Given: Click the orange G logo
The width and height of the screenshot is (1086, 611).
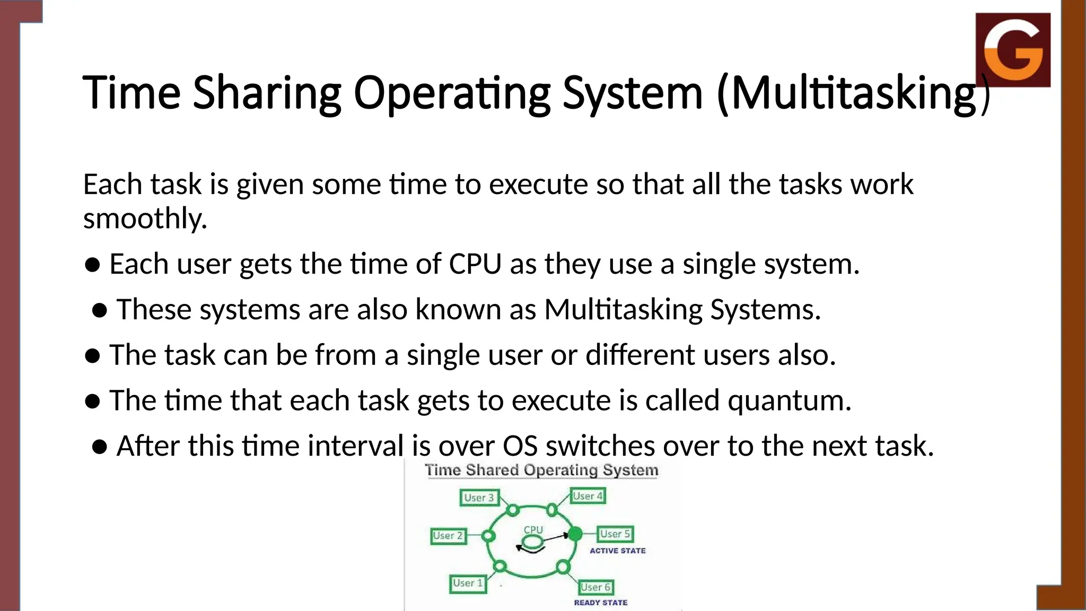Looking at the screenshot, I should tap(1013, 50).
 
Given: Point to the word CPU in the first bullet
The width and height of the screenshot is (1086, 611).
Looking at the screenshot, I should tap(475, 264).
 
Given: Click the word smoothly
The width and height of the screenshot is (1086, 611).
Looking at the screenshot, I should tap(144, 219).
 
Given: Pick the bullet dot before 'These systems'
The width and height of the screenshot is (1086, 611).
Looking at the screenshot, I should tap(100, 310).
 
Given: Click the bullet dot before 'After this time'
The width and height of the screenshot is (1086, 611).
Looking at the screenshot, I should tap(100, 447).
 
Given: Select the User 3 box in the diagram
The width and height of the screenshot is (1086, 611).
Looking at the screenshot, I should tap(479, 497).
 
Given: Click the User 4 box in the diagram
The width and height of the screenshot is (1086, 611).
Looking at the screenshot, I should tap(588, 496).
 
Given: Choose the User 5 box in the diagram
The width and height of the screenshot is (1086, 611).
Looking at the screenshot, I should tap(615, 534).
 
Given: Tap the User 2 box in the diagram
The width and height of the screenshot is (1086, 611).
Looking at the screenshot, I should tap(448, 536).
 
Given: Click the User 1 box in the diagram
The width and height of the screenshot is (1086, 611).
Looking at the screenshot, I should tap(468, 583).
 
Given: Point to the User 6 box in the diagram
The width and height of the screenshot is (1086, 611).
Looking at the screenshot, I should tap(595, 587).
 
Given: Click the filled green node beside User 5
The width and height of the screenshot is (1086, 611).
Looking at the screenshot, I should tap(575, 534).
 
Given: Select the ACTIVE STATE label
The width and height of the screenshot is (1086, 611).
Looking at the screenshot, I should tap(618, 551).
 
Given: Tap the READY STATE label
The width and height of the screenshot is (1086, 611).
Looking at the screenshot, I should tap(600, 603).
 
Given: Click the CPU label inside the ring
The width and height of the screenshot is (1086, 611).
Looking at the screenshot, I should tap(533, 530).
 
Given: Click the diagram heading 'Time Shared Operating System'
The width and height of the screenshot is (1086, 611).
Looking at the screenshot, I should tap(541, 470).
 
